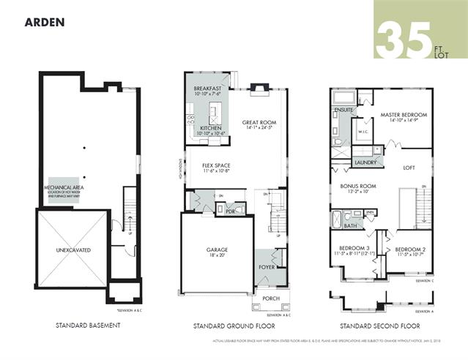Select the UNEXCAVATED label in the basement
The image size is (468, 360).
point(73,250)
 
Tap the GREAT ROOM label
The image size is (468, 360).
point(259,123)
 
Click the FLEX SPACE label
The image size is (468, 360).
point(216,166)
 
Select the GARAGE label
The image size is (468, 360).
point(216,250)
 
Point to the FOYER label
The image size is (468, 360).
point(266,268)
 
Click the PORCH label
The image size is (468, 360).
point(261,299)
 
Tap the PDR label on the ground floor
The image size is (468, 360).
point(230,211)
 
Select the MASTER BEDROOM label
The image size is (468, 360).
point(404,115)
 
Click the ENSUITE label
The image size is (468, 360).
point(344,110)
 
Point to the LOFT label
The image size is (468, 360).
point(409,168)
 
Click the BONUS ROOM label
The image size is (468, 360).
point(358,187)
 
